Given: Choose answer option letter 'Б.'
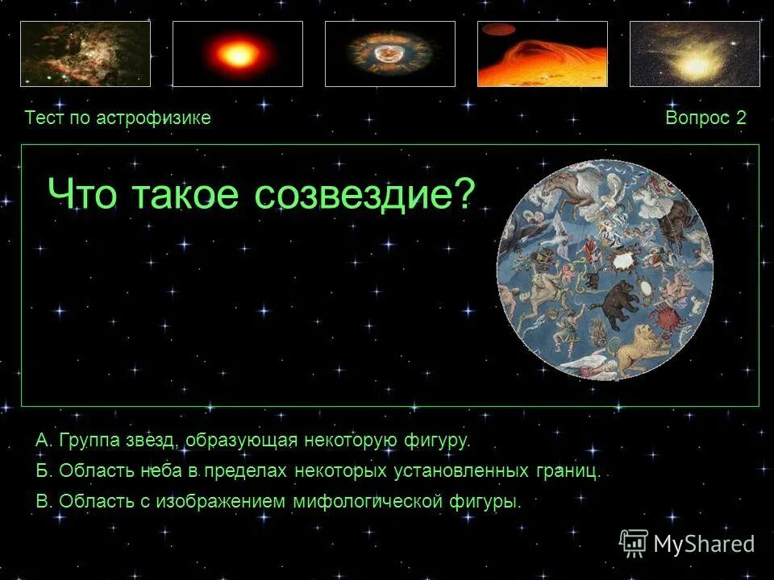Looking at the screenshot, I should (x=44, y=471).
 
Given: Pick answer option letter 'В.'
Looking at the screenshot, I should (x=44, y=501).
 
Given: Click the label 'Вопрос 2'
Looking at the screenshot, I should (x=705, y=118).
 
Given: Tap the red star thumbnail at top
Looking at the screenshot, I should (x=238, y=54).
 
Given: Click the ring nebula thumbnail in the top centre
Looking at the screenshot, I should (x=390, y=54).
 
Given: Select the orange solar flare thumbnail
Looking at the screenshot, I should (x=543, y=54).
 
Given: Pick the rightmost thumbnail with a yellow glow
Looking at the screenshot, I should (x=694, y=54).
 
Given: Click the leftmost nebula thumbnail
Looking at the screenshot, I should (x=85, y=54).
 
